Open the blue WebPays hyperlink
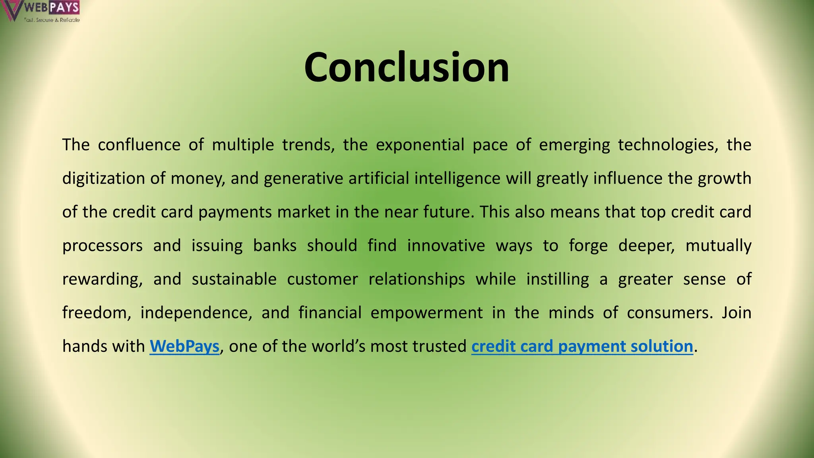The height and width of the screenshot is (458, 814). click(x=184, y=346)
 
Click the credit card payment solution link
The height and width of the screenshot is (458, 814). click(x=582, y=346)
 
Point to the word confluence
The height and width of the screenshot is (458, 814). click(x=139, y=145)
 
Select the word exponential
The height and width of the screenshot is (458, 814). click(x=420, y=145)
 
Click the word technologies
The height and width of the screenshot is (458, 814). click(x=668, y=145)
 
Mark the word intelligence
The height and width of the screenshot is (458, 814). click(x=457, y=178)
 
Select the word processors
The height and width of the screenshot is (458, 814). click(x=103, y=245)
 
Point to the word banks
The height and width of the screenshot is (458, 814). click(x=275, y=245)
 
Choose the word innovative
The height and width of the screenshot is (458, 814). click(x=446, y=245)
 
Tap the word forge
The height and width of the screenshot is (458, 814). click(x=588, y=245)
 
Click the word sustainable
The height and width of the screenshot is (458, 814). click(x=234, y=279)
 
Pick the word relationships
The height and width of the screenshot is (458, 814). click(x=417, y=279)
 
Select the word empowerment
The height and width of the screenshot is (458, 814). click(x=426, y=312)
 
